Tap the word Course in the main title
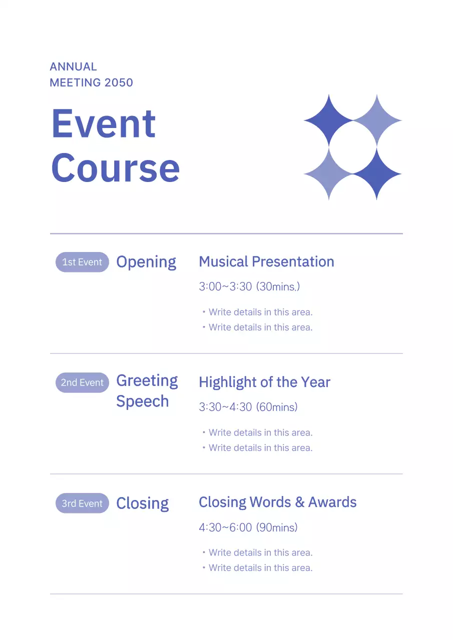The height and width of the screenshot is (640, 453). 115,167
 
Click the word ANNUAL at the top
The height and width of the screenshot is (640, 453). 74,66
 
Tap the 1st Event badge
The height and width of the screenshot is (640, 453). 82,262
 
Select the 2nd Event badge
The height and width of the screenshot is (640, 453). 82,382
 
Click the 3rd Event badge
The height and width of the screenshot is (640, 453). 82,503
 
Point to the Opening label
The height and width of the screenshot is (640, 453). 146,262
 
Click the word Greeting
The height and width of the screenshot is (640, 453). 147,381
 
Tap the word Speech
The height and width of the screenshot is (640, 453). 142,401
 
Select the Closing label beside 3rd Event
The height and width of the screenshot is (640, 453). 142,503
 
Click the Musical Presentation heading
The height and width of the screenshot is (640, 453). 266,261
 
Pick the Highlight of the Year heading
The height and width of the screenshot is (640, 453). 264,382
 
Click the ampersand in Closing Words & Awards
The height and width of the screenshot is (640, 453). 299,502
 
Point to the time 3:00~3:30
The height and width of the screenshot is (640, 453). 225,287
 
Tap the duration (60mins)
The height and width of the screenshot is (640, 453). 277,407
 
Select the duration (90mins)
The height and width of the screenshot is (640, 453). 277,527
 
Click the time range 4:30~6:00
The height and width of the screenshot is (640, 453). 225,527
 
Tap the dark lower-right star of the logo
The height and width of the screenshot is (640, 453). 377,174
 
